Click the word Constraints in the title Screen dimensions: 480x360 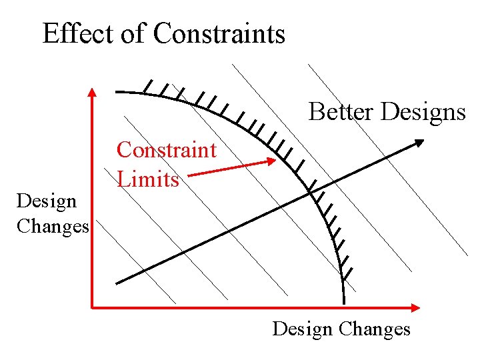tap(219, 33)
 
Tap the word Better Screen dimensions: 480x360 tap(341, 112)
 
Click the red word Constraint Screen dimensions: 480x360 tap(166, 150)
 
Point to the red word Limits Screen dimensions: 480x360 tap(148, 179)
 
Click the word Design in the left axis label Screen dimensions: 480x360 tap(47, 201)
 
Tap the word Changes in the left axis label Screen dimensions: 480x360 tap(53, 226)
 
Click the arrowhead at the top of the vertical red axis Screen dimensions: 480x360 tap(92, 93)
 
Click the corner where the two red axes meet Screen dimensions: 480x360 tap(93, 307)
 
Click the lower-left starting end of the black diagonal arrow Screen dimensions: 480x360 tap(117, 283)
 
